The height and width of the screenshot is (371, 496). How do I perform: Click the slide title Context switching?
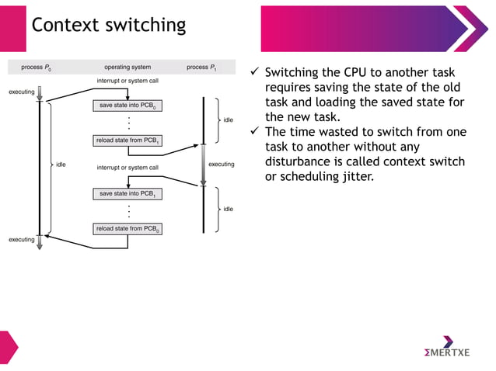(x=108, y=25)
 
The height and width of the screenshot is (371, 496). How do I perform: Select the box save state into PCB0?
(x=127, y=105)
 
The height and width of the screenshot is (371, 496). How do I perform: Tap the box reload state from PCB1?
(x=127, y=140)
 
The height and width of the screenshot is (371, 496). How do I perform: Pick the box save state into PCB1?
(x=127, y=193)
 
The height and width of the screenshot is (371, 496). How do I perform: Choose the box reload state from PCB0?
(x=127, y=228)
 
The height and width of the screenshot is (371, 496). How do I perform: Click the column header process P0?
(x=37, y=68)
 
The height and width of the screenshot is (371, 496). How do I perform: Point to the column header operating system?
(x=127, y=68)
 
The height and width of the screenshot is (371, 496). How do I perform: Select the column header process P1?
(x=201, y=68)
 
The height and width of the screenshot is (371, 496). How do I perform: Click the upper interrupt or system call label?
(x=127, y=80)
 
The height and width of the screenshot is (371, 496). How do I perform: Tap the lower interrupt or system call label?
(x=127, y=167)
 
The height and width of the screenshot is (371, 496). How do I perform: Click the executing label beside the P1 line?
(x=222, y=164)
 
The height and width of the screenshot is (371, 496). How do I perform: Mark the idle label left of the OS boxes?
(x=61, y=164)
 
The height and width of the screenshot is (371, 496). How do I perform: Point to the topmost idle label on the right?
(x=228, y=120)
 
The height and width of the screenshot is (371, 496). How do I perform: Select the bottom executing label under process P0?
(x=22, y=240)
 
